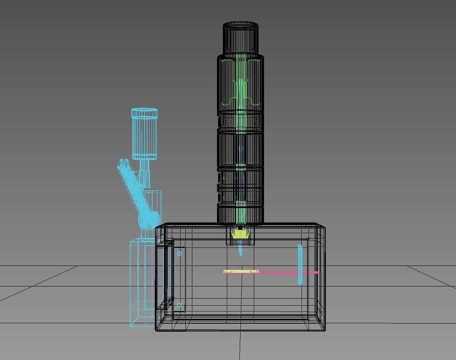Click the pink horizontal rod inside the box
(287, 272)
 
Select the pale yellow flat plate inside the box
(241, 272)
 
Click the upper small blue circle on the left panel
(179, 254)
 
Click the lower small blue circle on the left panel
(179, 305)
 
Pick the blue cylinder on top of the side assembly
(145, 134)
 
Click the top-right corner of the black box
(325, 225)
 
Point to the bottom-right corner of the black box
(325, 330)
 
